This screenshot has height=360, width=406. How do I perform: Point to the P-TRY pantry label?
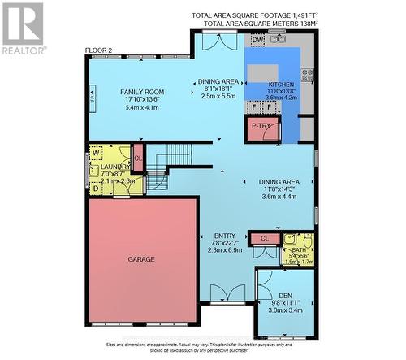coord(261,126)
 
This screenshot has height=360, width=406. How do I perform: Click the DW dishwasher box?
coord(257,40)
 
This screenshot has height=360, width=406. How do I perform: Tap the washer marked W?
coord(97,152)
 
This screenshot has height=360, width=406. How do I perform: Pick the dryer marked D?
coord(97,188)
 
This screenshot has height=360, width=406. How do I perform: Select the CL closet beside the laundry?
coord(137,159)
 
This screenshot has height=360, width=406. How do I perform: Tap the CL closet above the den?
coord(264,238)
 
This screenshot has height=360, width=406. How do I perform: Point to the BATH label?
coord(299,250)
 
